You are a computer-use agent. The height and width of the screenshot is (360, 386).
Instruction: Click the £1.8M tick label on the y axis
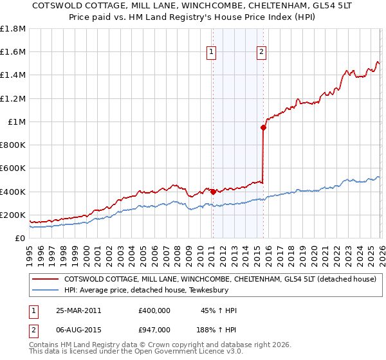click(x=13, y=29)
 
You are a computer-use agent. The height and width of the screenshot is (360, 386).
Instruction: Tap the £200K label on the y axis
click(x=13, y=215)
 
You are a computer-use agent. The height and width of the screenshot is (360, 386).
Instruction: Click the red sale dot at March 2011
click(x=213, y=191)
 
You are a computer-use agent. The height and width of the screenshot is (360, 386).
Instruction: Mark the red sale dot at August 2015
click(x=263, y=127)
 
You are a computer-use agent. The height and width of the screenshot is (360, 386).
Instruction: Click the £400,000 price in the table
click(x=154, y=310)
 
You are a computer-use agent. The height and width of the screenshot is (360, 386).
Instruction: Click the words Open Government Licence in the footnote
click(x=179, y=353)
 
